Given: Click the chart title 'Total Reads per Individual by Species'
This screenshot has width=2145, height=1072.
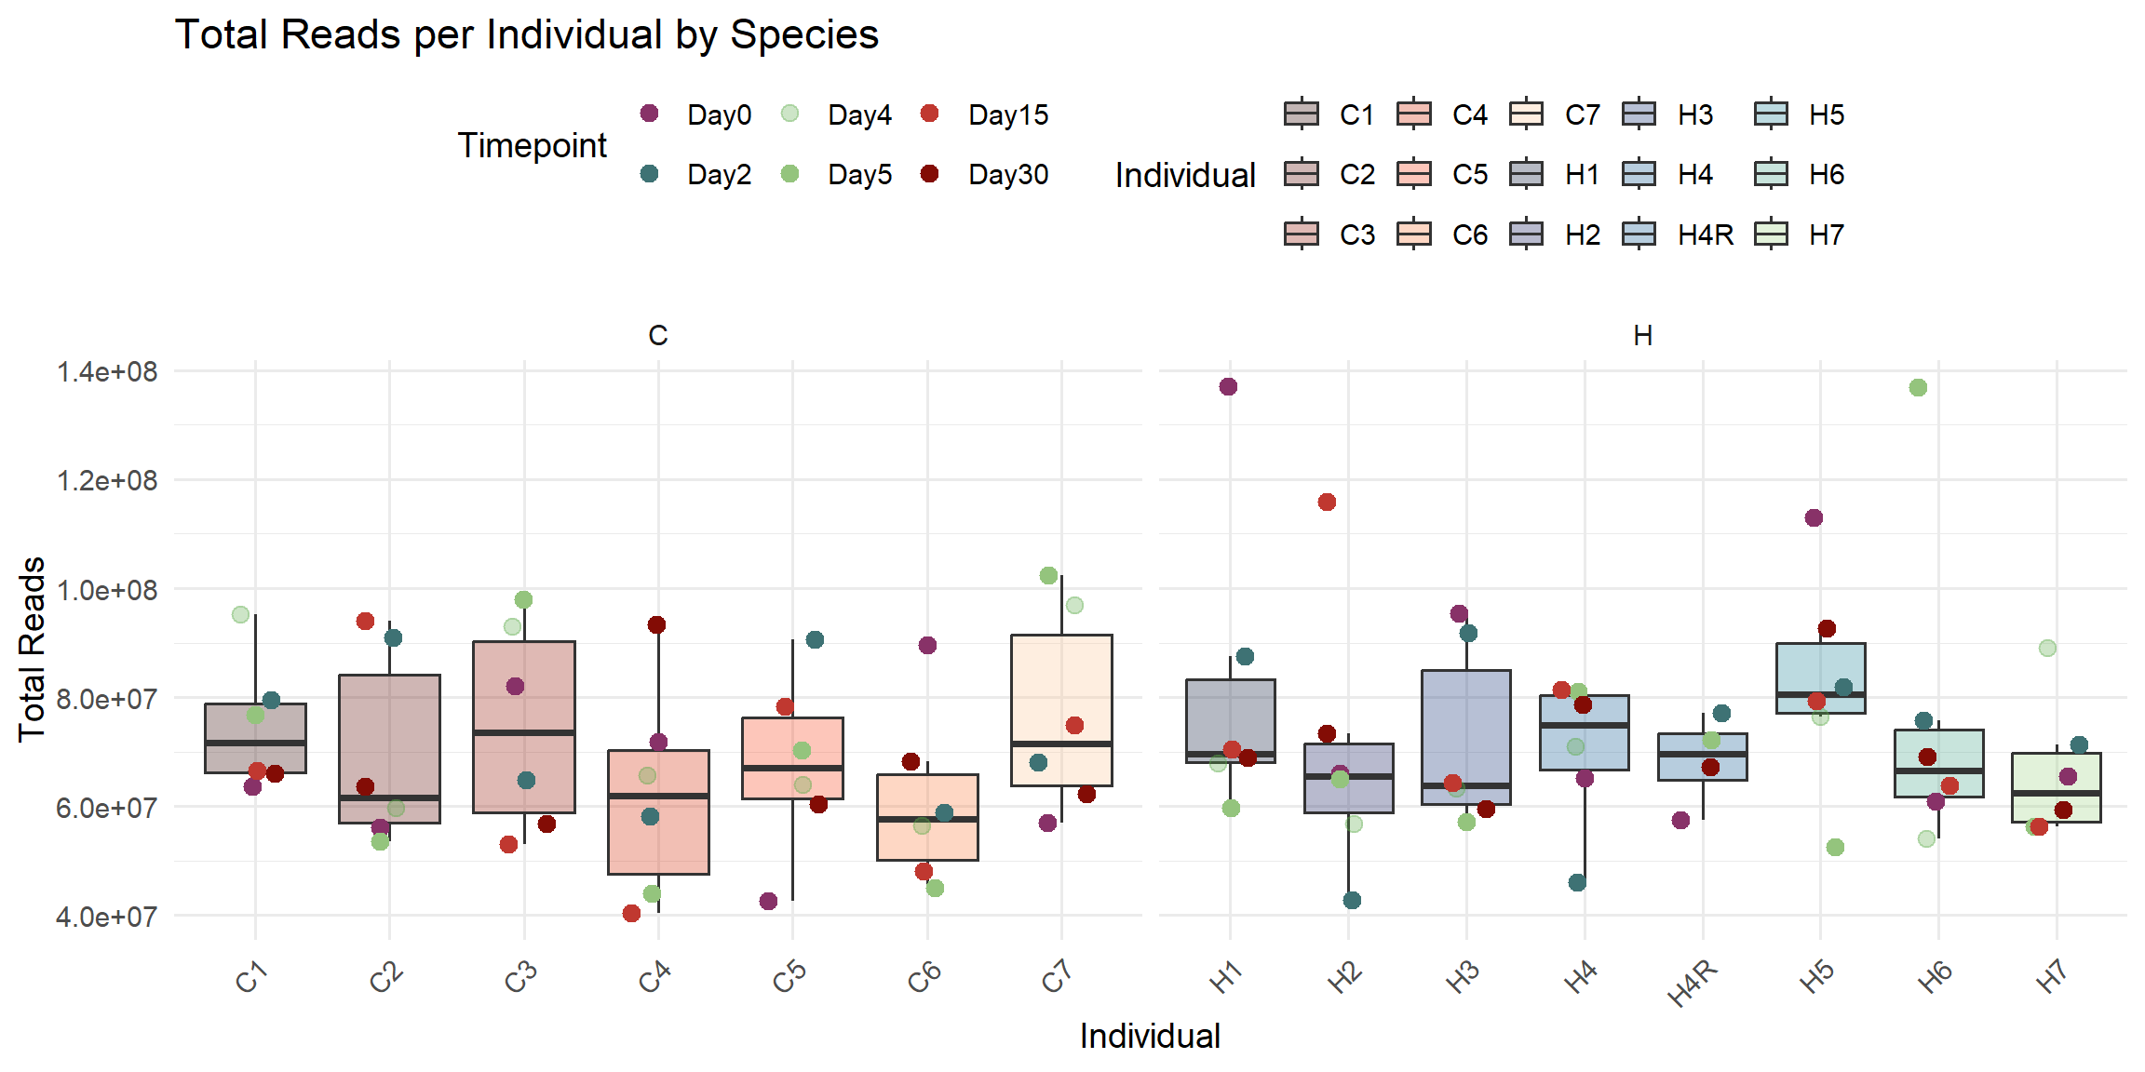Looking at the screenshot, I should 526,35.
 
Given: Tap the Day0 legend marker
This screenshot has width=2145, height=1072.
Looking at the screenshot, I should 650,114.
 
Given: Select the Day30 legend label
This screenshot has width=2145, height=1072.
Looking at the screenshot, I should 1007,174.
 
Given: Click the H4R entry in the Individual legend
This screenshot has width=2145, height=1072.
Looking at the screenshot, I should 1705,234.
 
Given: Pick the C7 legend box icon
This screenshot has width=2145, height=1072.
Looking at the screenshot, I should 1527,114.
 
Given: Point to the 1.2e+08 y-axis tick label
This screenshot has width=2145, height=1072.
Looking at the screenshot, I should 107,481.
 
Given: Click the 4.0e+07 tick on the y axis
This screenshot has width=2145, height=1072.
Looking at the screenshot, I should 107,917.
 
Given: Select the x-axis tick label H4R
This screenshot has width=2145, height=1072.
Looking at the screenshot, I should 1693,983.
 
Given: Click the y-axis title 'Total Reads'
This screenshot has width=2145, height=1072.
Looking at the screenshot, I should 32,649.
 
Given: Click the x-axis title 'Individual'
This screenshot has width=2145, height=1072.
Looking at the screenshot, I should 1149,1036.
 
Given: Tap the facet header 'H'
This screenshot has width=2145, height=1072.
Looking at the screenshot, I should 1642,336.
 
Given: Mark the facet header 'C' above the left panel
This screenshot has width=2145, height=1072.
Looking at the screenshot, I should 657,336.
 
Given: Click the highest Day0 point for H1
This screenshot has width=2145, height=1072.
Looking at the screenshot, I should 1228,387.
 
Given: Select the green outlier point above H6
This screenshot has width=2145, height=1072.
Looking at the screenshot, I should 1918,388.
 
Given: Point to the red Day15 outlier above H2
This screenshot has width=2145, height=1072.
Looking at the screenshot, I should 1327,502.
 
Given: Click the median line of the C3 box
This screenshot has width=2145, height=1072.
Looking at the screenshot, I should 524,732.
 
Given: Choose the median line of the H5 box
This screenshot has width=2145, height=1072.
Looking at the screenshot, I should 1820,694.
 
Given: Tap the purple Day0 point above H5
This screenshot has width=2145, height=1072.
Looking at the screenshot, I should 1814,518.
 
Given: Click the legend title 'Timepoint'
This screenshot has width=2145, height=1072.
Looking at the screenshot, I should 532,145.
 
